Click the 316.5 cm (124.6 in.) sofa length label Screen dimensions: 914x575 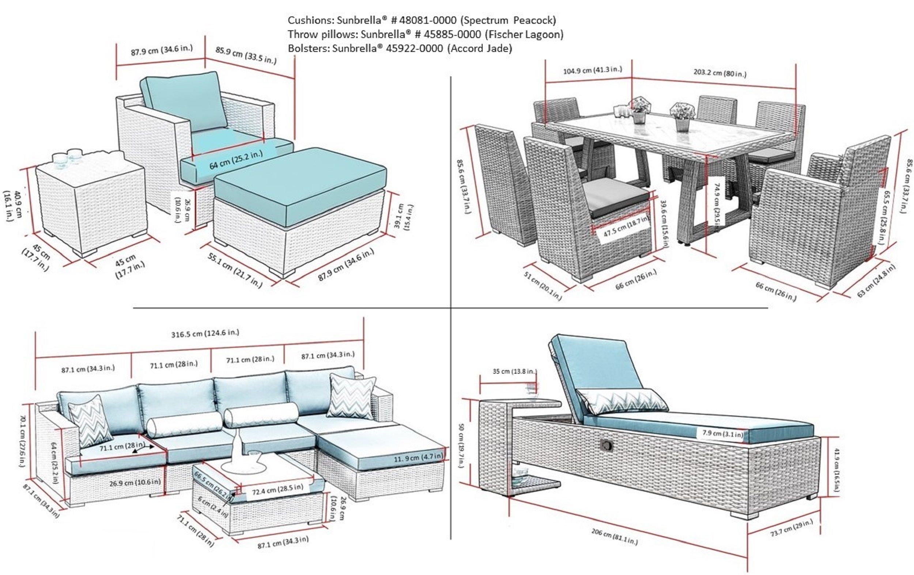[x=205, y=334]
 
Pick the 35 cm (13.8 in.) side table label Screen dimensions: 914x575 [x=515, y=371]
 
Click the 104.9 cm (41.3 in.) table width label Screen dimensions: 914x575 [x=592, y=70]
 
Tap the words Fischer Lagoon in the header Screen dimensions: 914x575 [x=524, y=34]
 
